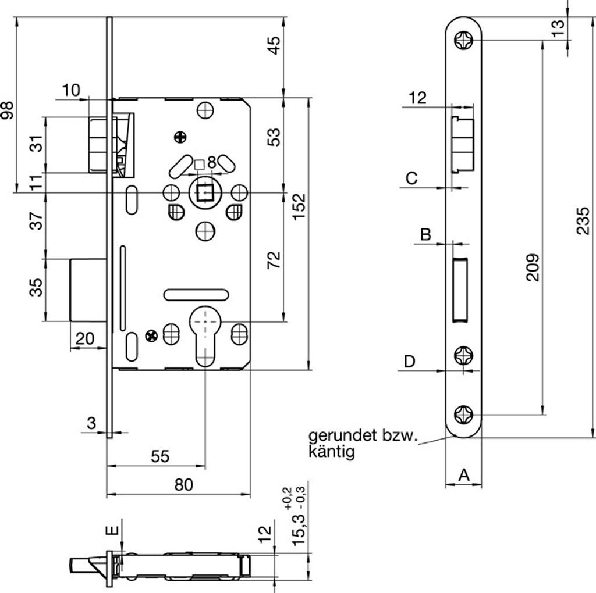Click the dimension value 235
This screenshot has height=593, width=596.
tap(583, 220)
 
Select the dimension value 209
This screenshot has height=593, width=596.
tap(533, 267)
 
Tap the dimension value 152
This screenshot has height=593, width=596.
tap(299, 206)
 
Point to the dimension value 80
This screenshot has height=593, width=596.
tap(183, 485)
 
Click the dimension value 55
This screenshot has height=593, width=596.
tap(160, 456)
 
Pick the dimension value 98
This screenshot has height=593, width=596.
tap(7, 110)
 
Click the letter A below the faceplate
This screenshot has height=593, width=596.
tap(464, 474)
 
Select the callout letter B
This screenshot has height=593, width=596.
tap(425, 234)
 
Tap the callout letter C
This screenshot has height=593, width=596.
tap(411, 178)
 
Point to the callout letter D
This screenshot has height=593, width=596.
tap(409, 362)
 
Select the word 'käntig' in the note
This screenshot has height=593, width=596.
tap(331, 452)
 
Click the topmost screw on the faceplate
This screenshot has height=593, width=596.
tap(464, 40)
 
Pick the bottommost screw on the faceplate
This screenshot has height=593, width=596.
tap(464, 415)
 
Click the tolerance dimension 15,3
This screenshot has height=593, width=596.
tap(299, 530)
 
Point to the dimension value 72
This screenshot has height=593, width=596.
tap(274, 260)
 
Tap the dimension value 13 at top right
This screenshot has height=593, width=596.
tap(558, 28)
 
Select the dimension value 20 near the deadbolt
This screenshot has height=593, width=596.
tap(85, 338)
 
